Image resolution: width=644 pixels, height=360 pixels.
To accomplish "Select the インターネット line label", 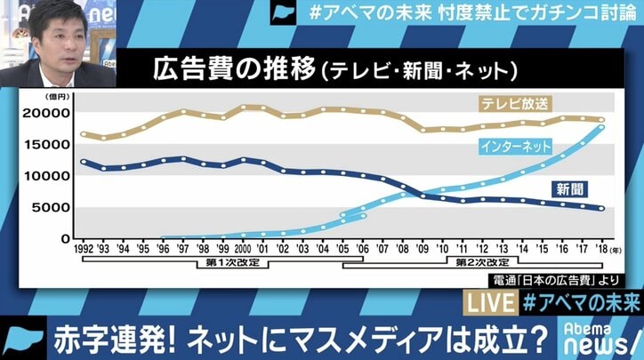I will (514, 144).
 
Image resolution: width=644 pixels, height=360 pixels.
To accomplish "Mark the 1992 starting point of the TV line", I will (85, 134).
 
